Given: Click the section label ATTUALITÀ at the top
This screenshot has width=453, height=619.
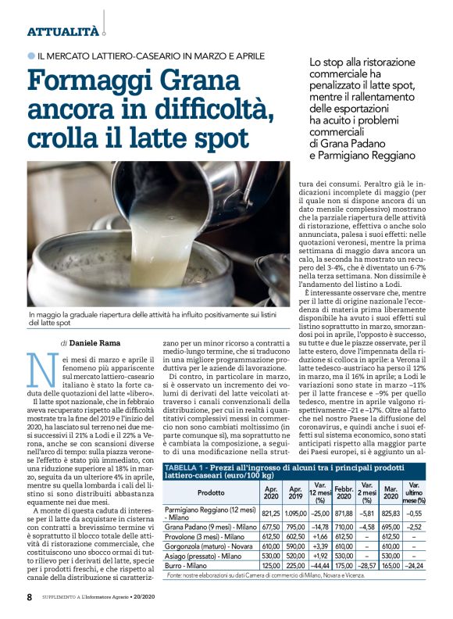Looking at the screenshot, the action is click(63, 32).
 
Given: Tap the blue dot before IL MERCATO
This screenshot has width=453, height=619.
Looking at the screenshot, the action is click(31, 56).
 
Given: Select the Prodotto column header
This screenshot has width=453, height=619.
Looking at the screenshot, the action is click(210, 471).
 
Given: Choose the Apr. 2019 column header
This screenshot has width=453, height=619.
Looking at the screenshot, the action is click(298, 471).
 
